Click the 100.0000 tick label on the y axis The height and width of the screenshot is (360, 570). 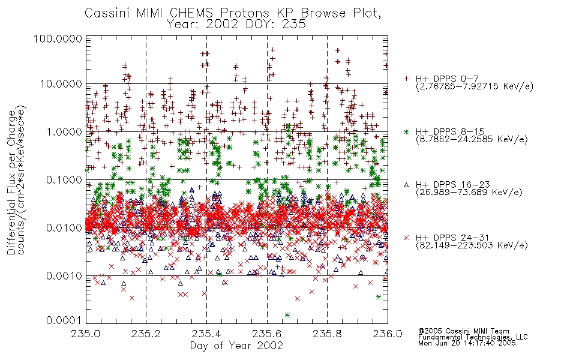(58, 38)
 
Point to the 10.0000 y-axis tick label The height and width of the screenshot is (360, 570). (61, 84)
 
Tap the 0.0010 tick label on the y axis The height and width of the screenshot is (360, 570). (64, 276)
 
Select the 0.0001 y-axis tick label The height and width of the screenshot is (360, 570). (64, 320)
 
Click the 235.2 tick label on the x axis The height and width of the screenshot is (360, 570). (146, 334)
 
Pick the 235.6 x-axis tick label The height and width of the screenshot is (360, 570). (267, 334)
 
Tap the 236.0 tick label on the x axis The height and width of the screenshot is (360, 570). (388, 334)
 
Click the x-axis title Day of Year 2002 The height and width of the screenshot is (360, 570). (236, 345)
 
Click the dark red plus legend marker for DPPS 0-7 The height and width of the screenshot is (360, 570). (407, 79)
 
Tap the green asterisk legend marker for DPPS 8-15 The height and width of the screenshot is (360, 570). (407, 131)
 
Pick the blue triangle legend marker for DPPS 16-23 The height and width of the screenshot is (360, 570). (407, 185)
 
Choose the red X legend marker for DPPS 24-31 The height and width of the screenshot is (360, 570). (407, 238)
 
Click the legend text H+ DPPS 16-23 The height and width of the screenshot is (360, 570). (452, 185)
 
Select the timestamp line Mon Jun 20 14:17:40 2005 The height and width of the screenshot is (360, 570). (467, 343)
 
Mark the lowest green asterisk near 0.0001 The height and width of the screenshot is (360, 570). (287, 315)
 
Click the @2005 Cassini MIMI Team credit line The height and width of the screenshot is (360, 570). (463, 331)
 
